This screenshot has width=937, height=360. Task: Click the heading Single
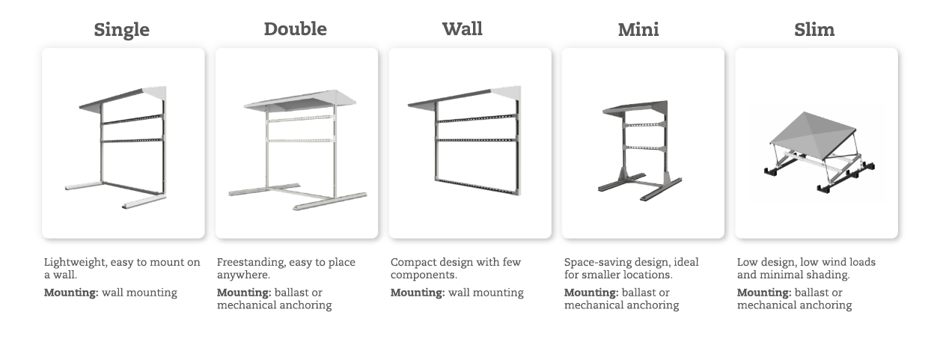tap(121, 30)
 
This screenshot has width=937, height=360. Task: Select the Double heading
tap(295, 29)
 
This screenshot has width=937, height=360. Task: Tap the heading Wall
tap(462, 29)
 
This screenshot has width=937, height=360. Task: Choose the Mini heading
tap(638, 30)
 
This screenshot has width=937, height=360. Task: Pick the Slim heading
tap(814, 30)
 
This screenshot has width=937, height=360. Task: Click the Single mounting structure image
tap(123, 144)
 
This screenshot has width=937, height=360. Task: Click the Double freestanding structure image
tap(297, 144)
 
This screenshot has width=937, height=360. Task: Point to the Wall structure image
tap(470, 144)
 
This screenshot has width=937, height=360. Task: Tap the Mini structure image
tap(643, 144)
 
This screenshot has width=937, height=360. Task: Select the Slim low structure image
tap(816, 144)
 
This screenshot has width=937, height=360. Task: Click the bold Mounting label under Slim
tap(763, 293)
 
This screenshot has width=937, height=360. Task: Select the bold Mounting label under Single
tap(71, 293)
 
